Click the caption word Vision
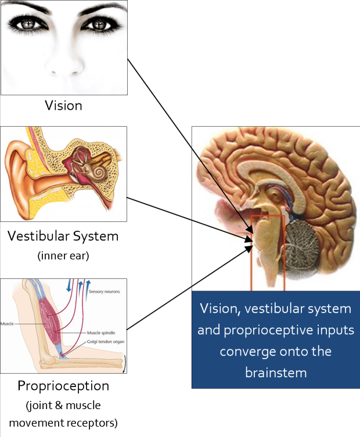tap(63, 106)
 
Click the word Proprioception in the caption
tap(63, 386)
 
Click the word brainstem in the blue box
tap(275, 372)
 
